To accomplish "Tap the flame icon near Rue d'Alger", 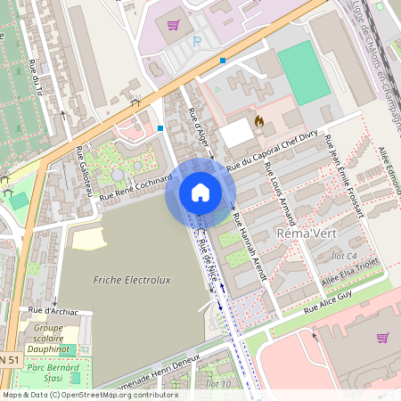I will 259,119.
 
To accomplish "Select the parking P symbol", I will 197,41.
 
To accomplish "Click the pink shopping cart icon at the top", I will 173,25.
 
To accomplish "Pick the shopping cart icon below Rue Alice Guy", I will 383,338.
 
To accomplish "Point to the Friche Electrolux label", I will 131,280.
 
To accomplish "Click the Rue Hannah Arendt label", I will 250,247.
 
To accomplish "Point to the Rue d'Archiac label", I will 53,311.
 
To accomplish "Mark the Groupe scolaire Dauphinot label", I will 48,339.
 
